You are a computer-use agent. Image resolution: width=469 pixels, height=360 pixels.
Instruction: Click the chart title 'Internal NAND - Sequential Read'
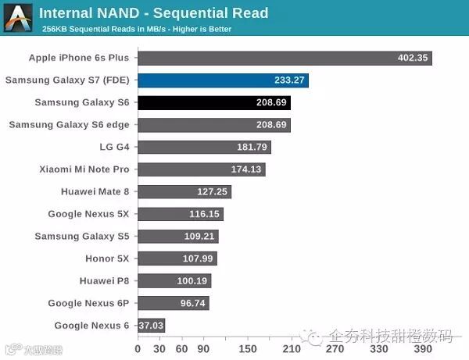pyautogui.click(x=153, y=12)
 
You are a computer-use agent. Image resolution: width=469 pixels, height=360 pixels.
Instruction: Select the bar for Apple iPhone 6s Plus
pyautogui.click(x=285, y=58)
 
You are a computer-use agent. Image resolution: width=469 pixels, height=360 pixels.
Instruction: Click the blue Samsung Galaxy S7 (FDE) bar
pyautogui.click(x=223, y=80)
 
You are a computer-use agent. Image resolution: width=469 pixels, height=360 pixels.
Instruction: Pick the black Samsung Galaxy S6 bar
pyautogui.click(x=214, y=102)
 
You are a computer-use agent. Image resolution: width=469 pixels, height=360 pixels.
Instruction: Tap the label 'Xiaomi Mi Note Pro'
pyautogui.click(x=84, y=169)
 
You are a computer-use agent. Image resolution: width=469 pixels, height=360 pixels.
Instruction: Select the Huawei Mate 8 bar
pyautogui.click(x=184, y=191)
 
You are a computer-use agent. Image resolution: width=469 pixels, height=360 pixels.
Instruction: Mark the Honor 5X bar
pyautogui.click(x=177, y=258)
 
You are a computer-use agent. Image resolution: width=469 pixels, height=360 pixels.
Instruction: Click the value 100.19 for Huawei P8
pyautogui.click(x=192, y=281)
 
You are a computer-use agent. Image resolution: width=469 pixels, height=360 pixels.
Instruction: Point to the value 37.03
pyautogui.click(x=151, y=326)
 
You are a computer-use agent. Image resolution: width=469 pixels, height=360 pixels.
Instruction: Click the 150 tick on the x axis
pyautogui.click(x=247, y=349)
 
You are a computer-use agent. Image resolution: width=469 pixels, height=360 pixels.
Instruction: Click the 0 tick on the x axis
pyautogui.click(x=138, y=349)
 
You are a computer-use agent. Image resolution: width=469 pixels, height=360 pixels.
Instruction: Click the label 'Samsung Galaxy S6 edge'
pyautogui.click(x=69, y=124)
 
